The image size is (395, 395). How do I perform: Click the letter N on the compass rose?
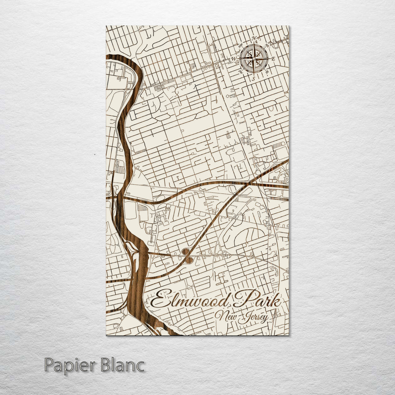pyautogui.click(x=253, y=38)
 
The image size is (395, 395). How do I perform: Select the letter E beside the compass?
pyautogui.click(x=274, y=59)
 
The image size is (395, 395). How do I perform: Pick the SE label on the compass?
pyautogui.click(x=267, y=72)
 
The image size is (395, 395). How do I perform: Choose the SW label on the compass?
pyautogui.click(x=241, y=72)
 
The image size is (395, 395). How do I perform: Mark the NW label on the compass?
pyautogui.click(x=241, y=46)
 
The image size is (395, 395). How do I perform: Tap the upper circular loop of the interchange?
pyautogui.click(x=185, y=251)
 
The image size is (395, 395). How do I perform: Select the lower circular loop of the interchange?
pyautogui.click(x=189, y=260)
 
